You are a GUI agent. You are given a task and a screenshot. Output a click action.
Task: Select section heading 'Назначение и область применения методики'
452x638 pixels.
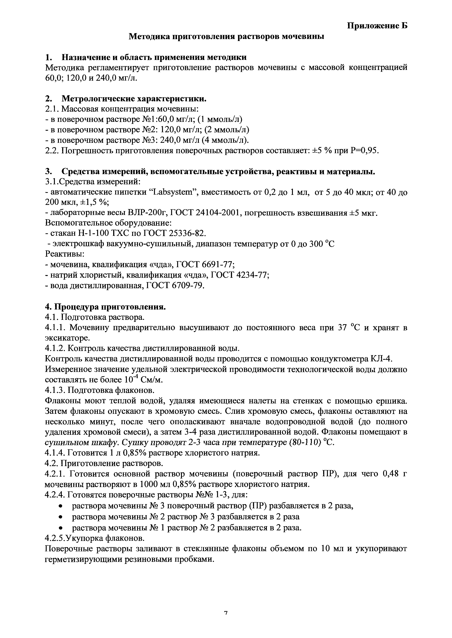pos(154,57)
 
